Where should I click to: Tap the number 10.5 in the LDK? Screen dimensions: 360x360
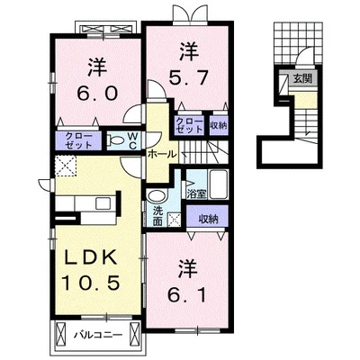click(x=91, y=283)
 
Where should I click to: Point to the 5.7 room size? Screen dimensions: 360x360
click(x=188, y=78)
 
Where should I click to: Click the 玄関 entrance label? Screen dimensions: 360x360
click(x=302, y=79)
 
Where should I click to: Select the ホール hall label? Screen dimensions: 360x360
click(x=161, y=155)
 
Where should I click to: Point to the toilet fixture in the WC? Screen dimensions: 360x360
click(x=116, y=140)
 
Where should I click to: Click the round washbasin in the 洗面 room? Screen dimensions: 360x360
click(x=157, y=196)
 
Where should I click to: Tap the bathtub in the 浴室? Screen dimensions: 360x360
click(x=219, y=184)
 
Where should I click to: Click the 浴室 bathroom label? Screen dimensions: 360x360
click(x=196, y=193)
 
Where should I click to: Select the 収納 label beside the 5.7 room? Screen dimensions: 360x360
click(x=219, y=125)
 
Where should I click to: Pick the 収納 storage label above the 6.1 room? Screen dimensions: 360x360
click(x=207, y=220)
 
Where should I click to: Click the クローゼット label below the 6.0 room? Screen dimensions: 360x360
click(x=78, y=140)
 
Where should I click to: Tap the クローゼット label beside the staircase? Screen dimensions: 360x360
click(x=189, y=125)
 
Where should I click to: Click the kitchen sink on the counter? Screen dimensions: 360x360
click(x=103, y=204)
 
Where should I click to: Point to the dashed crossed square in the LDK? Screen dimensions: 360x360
click(x=66, y=166)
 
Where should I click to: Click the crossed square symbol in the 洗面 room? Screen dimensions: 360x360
click(x=174, y=219)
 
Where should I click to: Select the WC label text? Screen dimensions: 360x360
click(x=133, y=141)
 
